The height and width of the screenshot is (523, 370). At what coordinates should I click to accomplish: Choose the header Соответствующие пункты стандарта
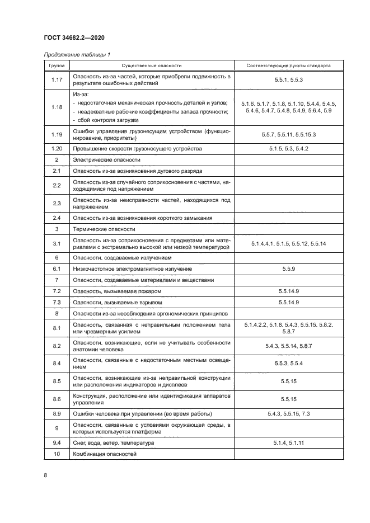pos(288,65)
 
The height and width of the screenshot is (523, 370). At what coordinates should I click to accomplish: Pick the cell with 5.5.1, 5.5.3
pos(288,79)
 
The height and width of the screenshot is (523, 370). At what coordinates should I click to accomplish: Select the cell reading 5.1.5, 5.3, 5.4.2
pos(288,149)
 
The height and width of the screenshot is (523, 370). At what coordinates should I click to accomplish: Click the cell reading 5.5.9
pos(288,269)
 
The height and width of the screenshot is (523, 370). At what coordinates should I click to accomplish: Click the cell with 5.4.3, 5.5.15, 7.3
pos(288,413)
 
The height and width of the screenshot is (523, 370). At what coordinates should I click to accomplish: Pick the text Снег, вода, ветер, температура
pos(113,443)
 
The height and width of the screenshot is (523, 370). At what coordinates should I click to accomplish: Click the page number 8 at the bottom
pos(45,475)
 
